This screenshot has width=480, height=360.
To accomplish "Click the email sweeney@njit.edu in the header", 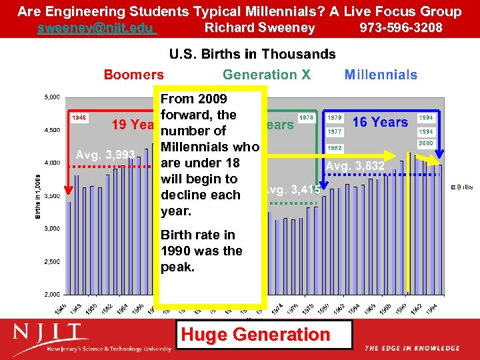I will click(97, 28).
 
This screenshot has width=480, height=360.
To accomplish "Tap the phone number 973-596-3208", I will click(401, 28).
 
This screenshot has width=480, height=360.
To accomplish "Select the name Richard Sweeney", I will click(259, 28).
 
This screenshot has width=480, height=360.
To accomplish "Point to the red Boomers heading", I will click(133, 75).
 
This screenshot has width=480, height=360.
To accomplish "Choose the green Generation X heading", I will click(266, 75).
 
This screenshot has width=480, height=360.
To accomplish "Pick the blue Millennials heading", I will click(381, 75).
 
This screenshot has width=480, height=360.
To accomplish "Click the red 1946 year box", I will click(79, 117).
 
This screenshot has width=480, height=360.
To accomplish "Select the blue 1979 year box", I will click(335, 118).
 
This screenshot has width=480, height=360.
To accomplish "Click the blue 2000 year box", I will click(426, 144).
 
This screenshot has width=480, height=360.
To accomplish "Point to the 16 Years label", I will click(380, 122).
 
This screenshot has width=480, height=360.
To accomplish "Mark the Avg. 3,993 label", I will click(105, 155).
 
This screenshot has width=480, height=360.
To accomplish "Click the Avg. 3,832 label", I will click(355, 165).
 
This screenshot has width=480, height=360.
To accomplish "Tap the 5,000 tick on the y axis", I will click(52, 97).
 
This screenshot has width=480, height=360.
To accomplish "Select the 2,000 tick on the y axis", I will click(52, 294).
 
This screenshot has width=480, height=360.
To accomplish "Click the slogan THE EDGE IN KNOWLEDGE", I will click(411, 348).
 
